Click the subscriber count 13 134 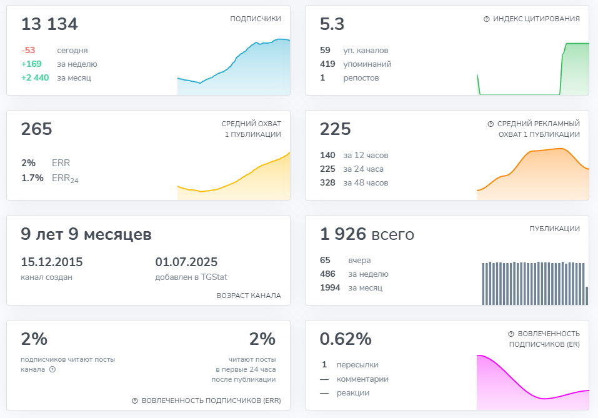49,24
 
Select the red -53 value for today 28,51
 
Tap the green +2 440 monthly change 35,78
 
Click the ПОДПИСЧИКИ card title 256,19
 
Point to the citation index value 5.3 332,24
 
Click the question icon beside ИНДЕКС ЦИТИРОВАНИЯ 487,19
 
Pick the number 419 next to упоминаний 327,64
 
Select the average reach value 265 37,129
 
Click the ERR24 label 65,179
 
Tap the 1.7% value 32,178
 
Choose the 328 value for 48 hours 327,182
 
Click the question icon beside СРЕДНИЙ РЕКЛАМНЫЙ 491,124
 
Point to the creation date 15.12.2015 51,262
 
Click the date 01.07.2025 186,262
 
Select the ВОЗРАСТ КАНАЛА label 249,296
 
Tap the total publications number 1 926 343,234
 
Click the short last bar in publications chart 587,296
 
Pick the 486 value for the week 327,274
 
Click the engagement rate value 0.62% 346,339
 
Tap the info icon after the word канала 52,369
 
